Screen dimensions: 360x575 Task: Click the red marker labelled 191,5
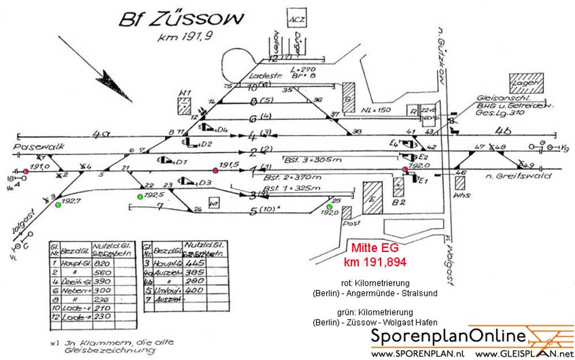(x=215, y=170)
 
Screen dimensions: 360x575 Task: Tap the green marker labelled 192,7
(x=58, y=205)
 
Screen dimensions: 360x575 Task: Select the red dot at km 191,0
(x=26, y=171)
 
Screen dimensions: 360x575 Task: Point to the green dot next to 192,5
(x=140, y=197)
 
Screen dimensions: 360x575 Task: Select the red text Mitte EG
(x=375, y=250)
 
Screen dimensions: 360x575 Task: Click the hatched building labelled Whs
(x=460, y=183)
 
